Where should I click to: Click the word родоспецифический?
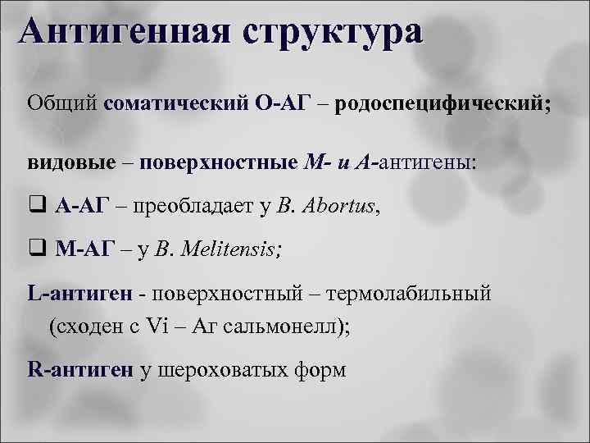point(442,104)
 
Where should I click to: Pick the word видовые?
point(70,162)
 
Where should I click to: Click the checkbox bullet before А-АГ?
point(38,205)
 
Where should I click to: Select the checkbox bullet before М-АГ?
point(38,249)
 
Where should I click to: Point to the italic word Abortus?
point(338,205)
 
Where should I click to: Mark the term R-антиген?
point(79,370)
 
